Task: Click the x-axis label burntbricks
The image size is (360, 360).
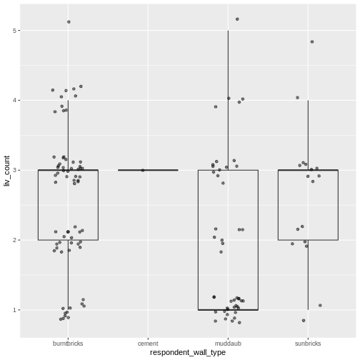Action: (68, 344)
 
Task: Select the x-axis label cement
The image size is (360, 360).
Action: (148, 344)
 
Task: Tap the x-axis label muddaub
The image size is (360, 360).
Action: (228, 344)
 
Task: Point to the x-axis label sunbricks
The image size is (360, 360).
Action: (308, 344)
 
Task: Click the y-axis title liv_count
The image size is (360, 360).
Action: (6, 171)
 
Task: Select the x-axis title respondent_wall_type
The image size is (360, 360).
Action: (188, 353)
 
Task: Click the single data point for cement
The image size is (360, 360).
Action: (143, 170)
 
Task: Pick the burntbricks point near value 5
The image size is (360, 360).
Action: (69, 22)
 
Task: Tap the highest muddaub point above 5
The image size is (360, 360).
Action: (237, 19)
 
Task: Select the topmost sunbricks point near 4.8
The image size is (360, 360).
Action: (312, 41)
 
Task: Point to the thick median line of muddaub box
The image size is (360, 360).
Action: (214, 310)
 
